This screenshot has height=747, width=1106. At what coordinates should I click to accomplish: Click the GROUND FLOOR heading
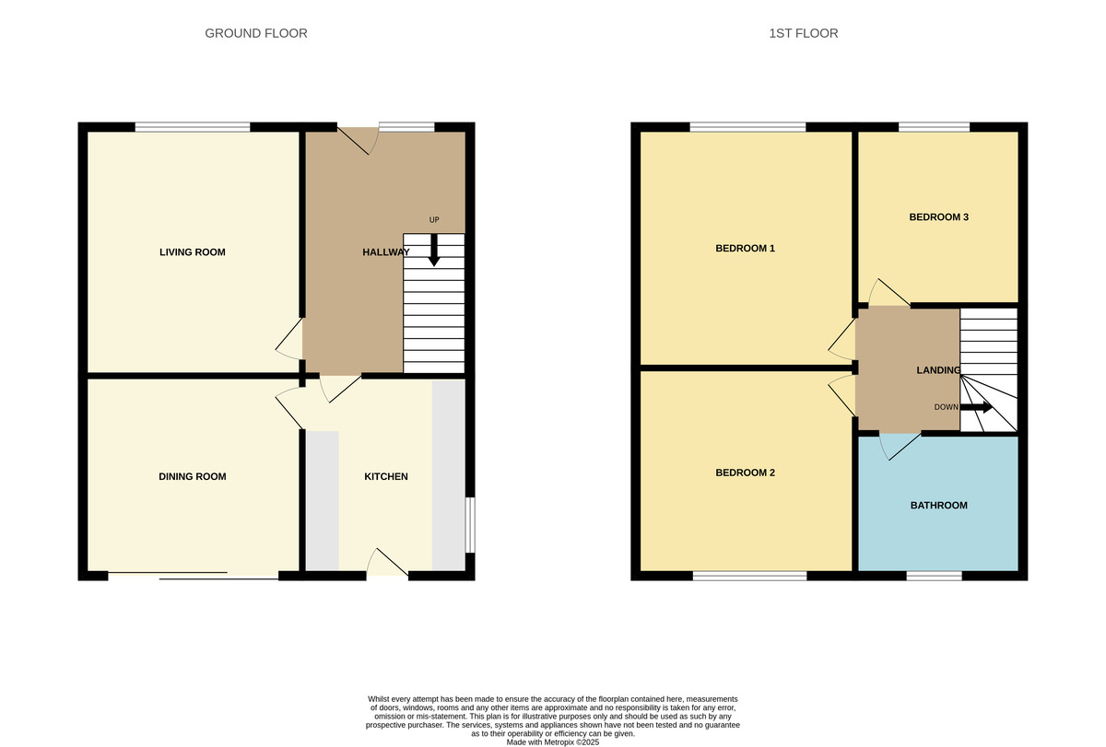255,33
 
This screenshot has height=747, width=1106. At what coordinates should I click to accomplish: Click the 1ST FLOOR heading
803,33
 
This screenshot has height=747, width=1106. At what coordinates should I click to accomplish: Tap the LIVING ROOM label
192,252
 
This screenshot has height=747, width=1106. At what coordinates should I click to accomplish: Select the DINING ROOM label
192,476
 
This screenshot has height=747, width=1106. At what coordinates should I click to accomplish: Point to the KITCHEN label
385,476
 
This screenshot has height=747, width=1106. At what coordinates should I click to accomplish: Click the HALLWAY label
385,252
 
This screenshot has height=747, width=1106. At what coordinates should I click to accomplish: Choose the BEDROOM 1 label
745,249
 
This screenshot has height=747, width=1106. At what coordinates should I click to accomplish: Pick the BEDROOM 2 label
745,473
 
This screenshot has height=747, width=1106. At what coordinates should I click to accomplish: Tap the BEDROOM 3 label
938,217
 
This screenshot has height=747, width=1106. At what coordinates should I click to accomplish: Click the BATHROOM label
938,505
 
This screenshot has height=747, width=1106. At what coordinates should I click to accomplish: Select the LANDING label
938,370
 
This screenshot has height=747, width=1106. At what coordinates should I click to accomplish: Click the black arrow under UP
434,251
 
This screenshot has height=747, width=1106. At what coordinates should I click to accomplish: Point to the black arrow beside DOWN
976,407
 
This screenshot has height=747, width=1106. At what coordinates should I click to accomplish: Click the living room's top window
193,127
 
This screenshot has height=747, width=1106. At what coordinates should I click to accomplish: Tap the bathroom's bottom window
934,576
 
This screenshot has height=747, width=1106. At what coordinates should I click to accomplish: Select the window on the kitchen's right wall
470,525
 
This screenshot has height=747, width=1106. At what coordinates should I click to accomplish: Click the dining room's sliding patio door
194,576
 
